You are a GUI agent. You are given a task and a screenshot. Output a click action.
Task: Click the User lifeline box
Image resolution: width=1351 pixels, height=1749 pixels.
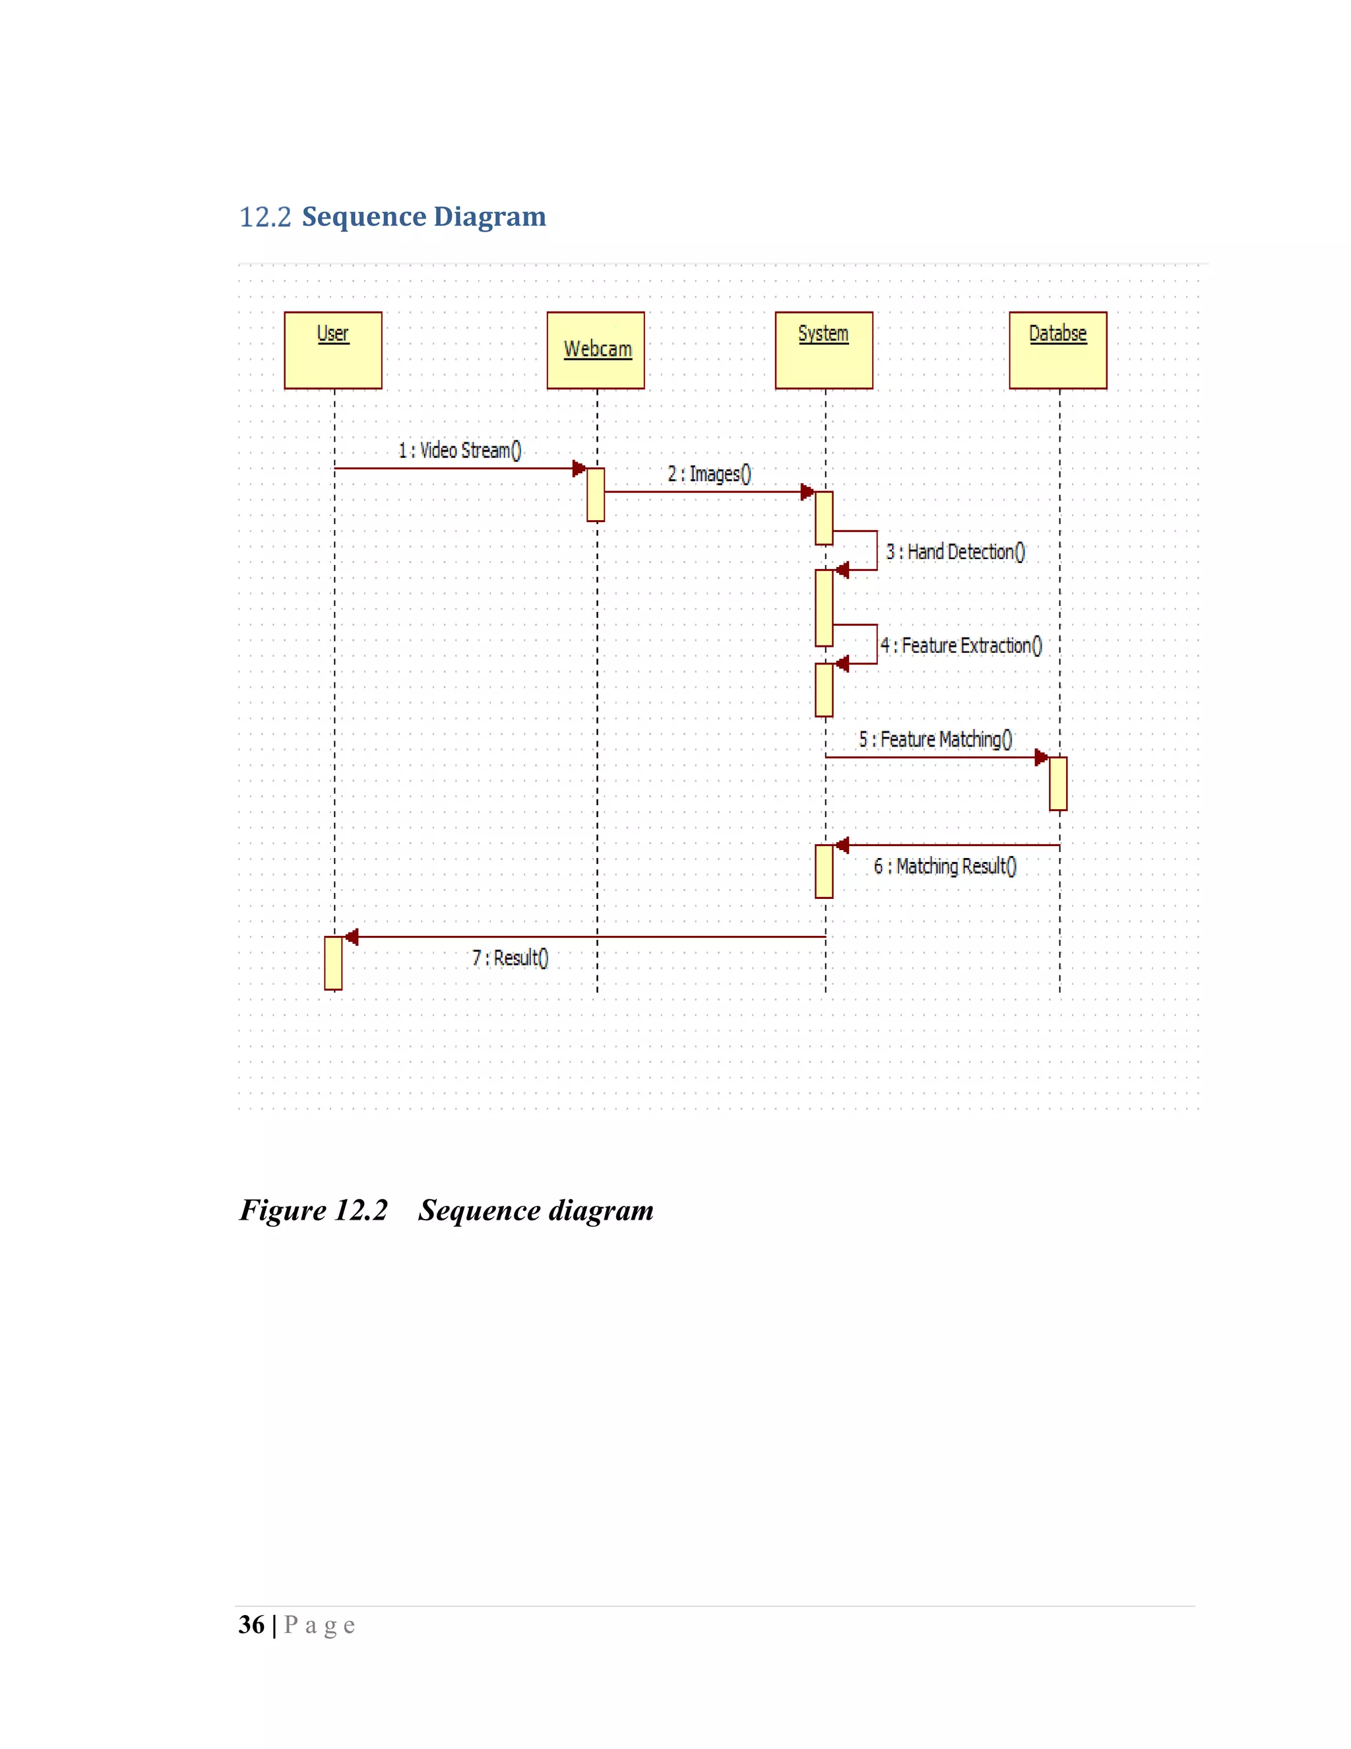click(x=333, y=350)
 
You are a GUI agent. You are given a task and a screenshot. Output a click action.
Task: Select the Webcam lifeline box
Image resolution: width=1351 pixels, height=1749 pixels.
click(x=596, y=350)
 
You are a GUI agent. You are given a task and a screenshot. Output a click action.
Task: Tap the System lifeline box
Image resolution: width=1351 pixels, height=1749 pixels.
click(x=823, y=350)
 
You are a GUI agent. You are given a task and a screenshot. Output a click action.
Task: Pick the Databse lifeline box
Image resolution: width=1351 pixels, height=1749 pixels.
click(x=1057, y=350)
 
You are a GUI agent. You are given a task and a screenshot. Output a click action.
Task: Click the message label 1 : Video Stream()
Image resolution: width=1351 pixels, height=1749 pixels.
click(x=459, y=450)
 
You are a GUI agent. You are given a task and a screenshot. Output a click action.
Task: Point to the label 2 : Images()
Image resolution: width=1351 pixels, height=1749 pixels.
click(x=709, y=474)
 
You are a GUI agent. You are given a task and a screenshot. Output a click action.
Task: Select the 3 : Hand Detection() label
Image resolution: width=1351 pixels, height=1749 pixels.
click(x=955, y=552)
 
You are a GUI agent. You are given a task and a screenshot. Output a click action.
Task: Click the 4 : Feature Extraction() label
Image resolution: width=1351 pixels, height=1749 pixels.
click(x=961, y=645)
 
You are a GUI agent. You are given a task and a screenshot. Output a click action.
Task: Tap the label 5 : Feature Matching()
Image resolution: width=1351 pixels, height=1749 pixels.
click(x=935, y=739)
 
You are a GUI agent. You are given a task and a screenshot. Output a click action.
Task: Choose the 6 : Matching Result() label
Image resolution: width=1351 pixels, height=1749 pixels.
click(x=945, y=866)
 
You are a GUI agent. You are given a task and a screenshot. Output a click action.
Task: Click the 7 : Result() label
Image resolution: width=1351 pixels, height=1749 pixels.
click(x=510, y=958)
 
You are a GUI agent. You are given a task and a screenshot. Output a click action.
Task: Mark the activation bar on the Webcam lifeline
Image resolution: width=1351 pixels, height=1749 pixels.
click(x=596, y=495)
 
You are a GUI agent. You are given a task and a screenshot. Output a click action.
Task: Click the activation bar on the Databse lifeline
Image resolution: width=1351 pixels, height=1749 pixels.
click(x=1058, y=783)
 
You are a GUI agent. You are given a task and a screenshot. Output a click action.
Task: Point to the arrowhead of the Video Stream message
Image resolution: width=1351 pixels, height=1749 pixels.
click(x=579, y=469)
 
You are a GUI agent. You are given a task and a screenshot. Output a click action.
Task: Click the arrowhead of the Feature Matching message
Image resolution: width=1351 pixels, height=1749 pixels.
click(x=1040, y=757)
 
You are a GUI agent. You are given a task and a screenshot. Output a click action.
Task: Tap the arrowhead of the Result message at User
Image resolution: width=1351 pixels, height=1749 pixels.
click(x=352, y=937)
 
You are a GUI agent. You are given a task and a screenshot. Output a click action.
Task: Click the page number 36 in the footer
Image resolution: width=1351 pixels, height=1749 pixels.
click(x=251, y=1625)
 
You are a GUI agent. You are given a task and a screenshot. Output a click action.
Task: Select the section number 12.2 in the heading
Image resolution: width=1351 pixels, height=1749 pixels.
click(x=265, y=217)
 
